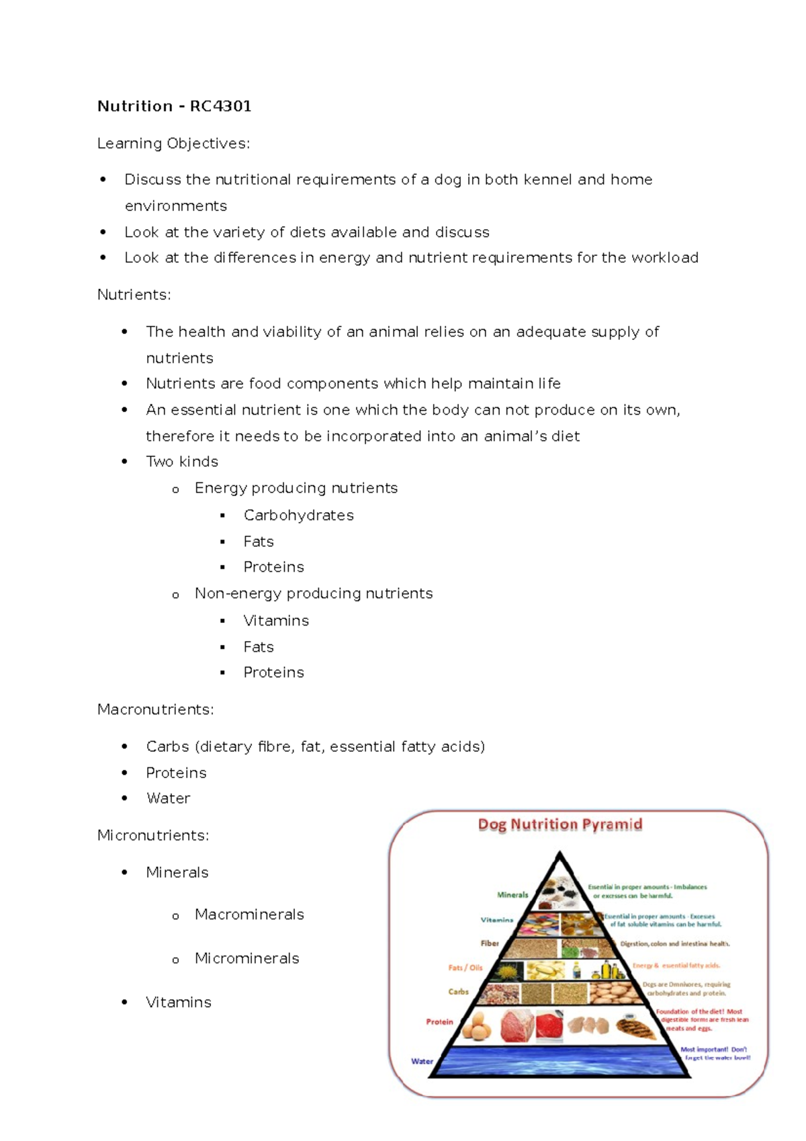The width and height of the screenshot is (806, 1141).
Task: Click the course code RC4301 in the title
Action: tap(220, 106)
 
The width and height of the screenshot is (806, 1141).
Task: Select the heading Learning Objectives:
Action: tap(173, 144)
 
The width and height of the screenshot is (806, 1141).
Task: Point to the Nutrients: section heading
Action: tap(134, 295)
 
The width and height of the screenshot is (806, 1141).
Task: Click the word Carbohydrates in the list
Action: tap(298, 515)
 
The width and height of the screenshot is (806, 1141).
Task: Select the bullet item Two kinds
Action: tap(182, 462)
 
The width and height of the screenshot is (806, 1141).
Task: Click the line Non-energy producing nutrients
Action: tap(313, 594)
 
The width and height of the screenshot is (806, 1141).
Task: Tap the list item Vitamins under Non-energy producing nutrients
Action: tap(276, 621)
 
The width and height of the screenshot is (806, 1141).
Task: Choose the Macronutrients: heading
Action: tap(155, 710)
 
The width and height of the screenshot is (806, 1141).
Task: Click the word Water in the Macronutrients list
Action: tap(168, 798)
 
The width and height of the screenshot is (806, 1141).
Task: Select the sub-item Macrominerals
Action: tap(249, 915)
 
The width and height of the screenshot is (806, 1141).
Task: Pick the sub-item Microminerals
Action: tap(247, 958)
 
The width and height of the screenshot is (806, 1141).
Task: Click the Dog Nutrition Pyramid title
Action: tap(559, 825)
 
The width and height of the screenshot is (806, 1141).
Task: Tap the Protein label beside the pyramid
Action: tap(439, 1022)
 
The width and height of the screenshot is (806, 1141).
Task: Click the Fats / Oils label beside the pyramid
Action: tap(465, 968)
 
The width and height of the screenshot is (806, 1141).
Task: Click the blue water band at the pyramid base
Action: tap(559, 1061)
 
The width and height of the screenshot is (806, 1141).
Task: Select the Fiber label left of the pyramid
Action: tap(489, 943)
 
